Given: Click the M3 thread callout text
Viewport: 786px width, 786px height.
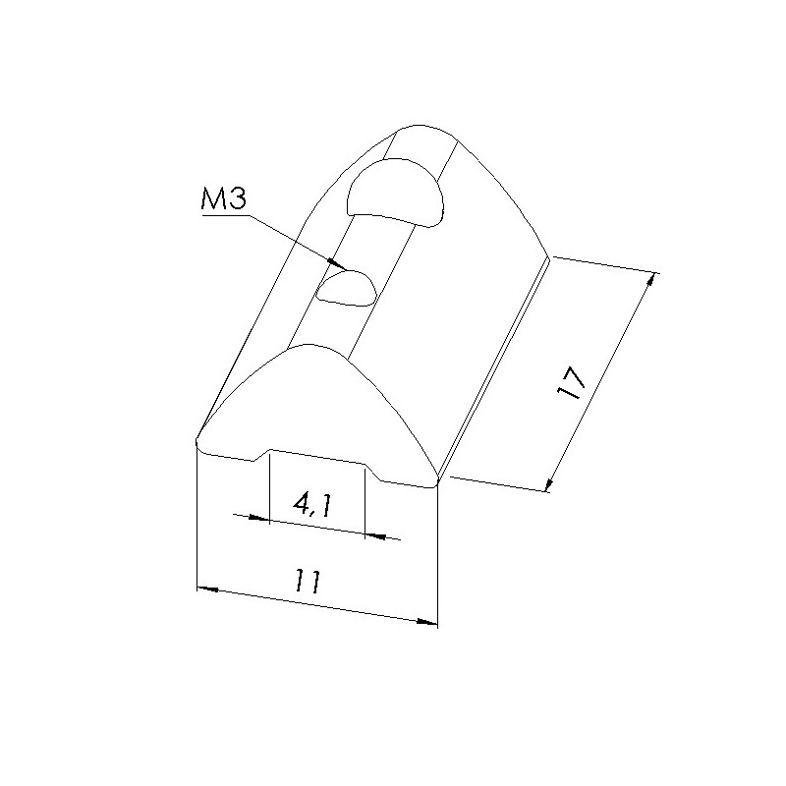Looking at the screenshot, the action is click(x=223, y=199).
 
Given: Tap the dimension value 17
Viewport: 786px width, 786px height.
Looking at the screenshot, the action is click(x=572, y=382).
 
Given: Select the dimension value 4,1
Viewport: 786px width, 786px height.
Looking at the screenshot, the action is click(x=312, y=505).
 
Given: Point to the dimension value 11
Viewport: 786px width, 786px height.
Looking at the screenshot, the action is click(x=307, y=581).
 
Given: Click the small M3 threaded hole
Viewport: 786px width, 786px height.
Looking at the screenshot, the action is click(x=346, y=287).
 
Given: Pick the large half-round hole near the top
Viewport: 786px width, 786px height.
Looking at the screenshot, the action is click(x=396, y=193).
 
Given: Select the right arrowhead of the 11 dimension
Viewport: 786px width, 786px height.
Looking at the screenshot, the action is click(x=437, y=624).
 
